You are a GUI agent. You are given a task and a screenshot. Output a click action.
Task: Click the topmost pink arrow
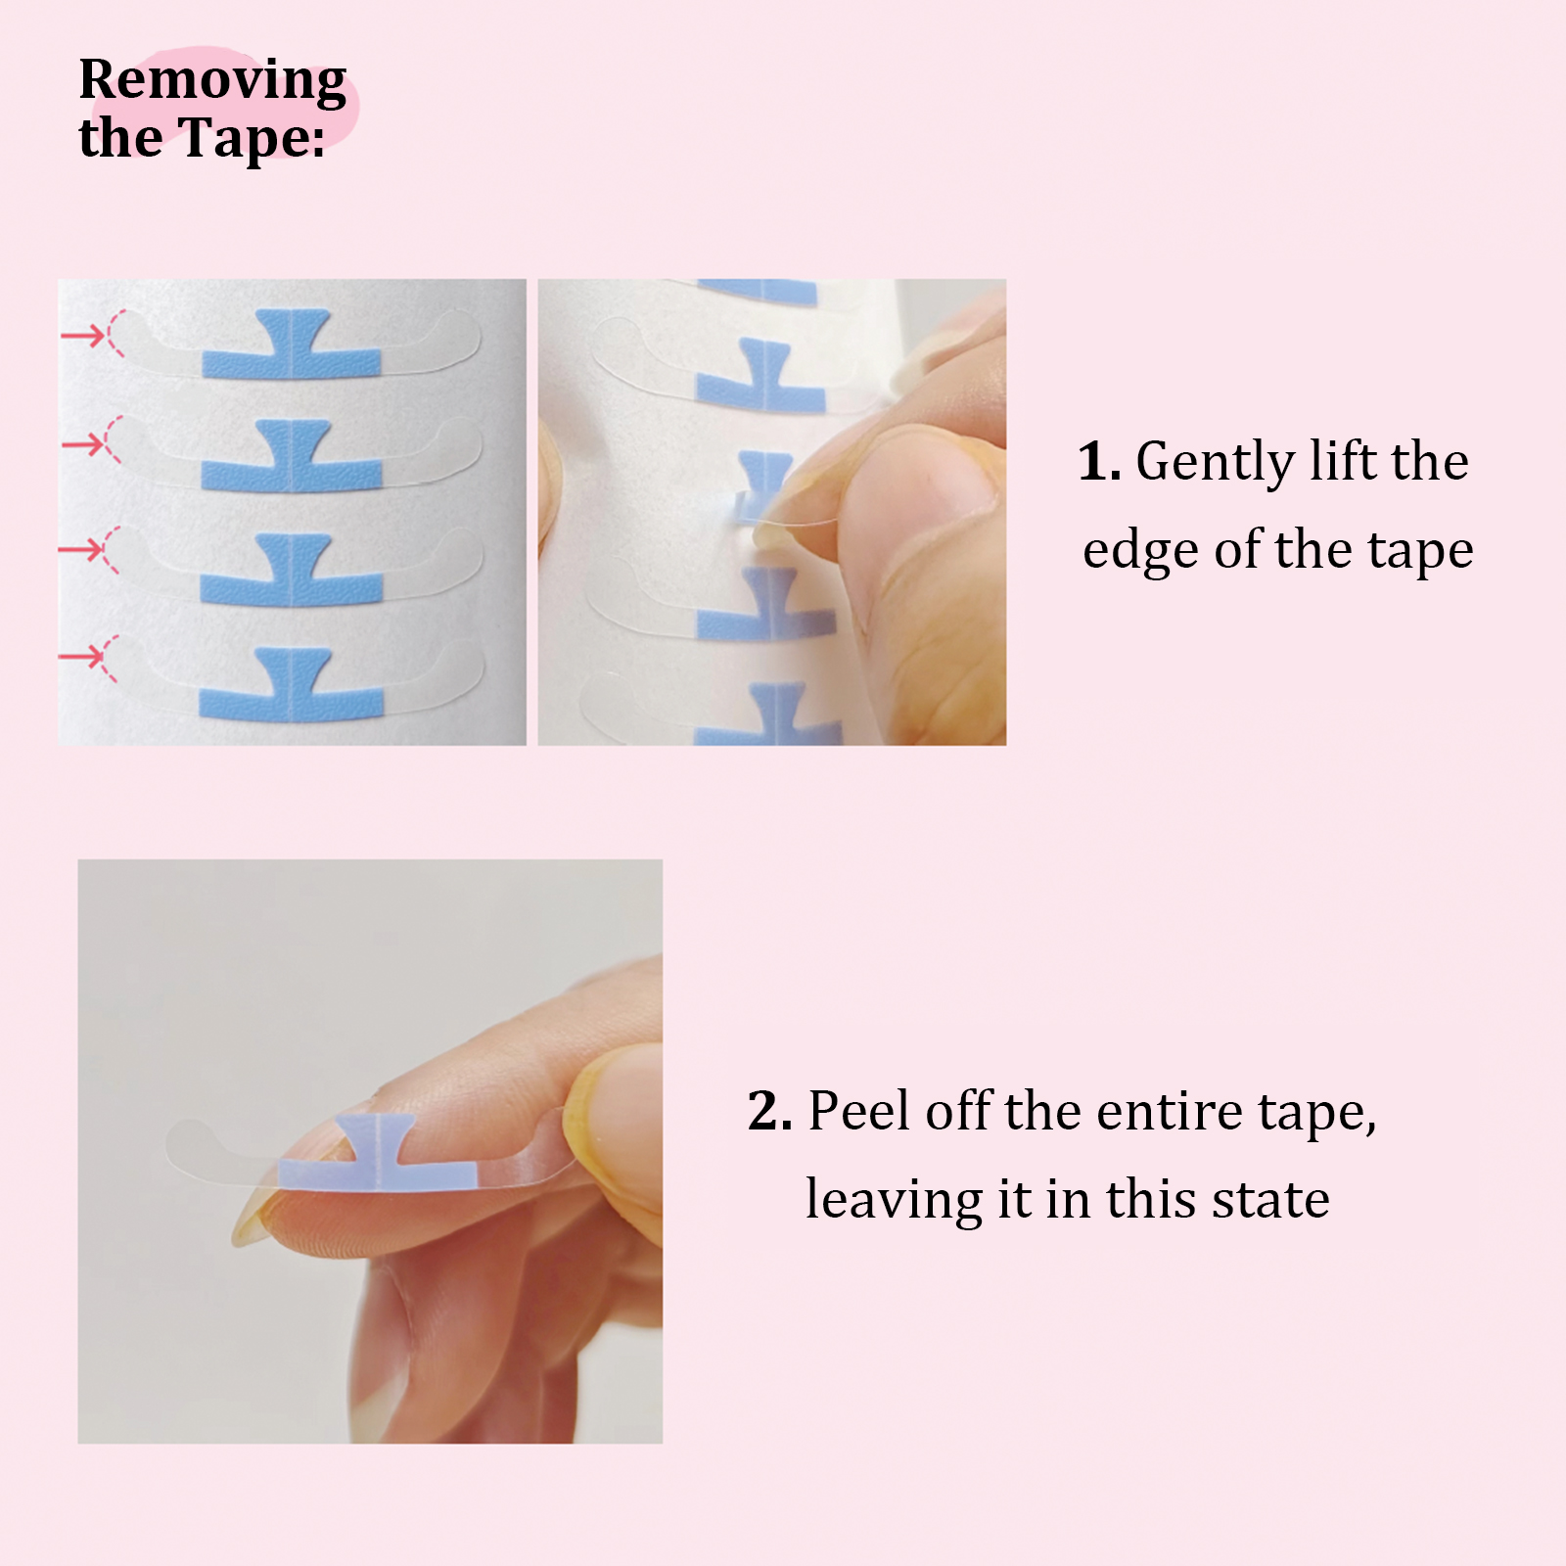coord(82,337)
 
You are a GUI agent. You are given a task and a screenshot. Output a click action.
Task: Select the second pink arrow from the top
coord(82,445)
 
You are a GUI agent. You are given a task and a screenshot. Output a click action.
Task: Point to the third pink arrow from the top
coord(82,549)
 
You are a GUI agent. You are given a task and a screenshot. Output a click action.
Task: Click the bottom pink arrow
coord(82,655)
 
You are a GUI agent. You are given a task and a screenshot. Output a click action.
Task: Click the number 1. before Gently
coord(1099,461)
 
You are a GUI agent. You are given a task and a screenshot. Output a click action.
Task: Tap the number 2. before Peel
coord(770,1111)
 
